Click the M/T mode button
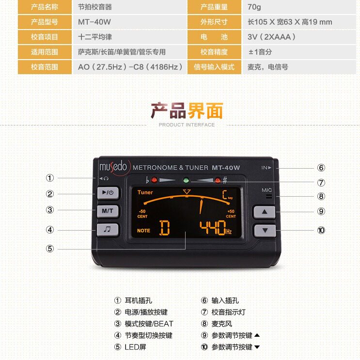coord(107,211)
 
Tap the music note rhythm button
coord(107,230)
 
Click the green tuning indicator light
coord(185,180)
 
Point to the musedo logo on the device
coord(113,167)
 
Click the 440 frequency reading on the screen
coord(212,227)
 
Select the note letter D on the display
coord(165,228)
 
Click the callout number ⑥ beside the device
coord(321,168)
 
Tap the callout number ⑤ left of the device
coord(50,249)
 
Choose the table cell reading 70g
coord(254,7)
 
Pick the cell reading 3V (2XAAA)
coord(271,37)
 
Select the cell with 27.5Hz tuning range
coord(130,67)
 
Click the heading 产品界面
coord(187,111)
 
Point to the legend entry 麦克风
coord(221,324)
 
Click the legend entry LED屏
coord(135,347)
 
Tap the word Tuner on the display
coord(145,192)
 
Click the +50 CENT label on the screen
coord(231,214)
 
